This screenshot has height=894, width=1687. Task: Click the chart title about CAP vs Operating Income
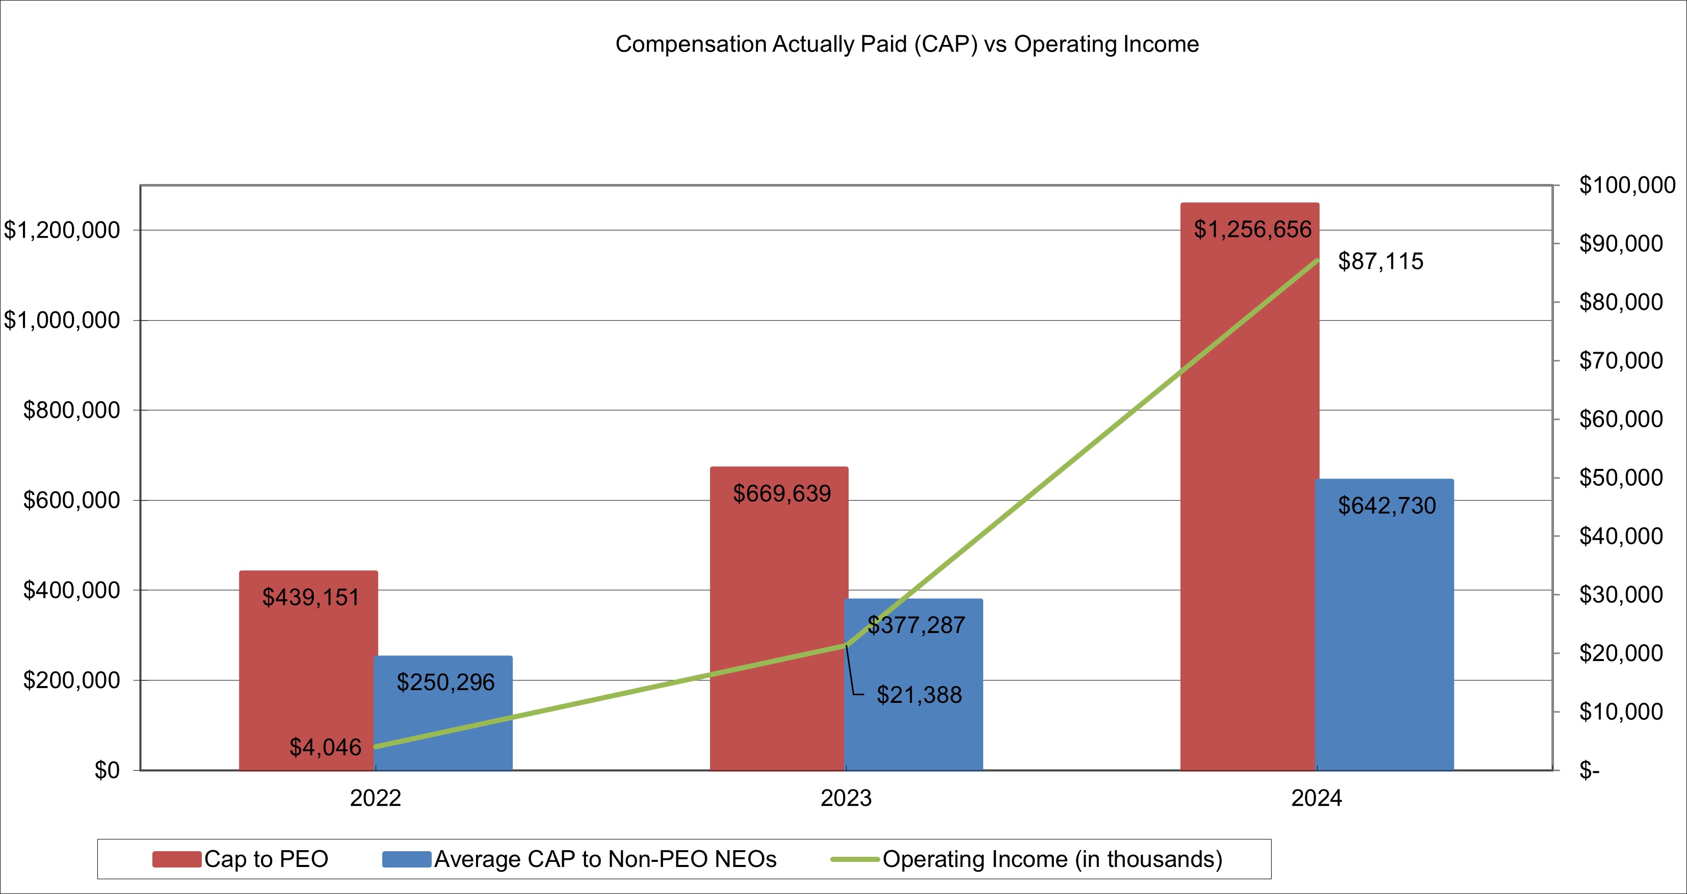[907, 44]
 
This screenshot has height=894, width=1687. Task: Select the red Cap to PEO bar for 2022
[308, 681]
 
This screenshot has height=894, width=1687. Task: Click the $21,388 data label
[919, 695]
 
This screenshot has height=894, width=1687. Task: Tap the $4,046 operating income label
[326, 747]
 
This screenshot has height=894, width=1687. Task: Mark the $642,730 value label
[1387, 506]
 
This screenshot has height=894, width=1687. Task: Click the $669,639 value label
[782, 493]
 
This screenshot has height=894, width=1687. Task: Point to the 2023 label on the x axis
[846, 798]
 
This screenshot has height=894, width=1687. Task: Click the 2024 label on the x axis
[1316, 798]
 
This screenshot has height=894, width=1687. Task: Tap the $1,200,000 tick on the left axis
[62, 230]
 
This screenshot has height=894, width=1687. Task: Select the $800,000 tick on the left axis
[72, 410]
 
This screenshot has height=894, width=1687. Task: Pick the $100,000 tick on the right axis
[1627, 186]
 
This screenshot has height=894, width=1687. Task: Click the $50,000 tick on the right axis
[1621, 478]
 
